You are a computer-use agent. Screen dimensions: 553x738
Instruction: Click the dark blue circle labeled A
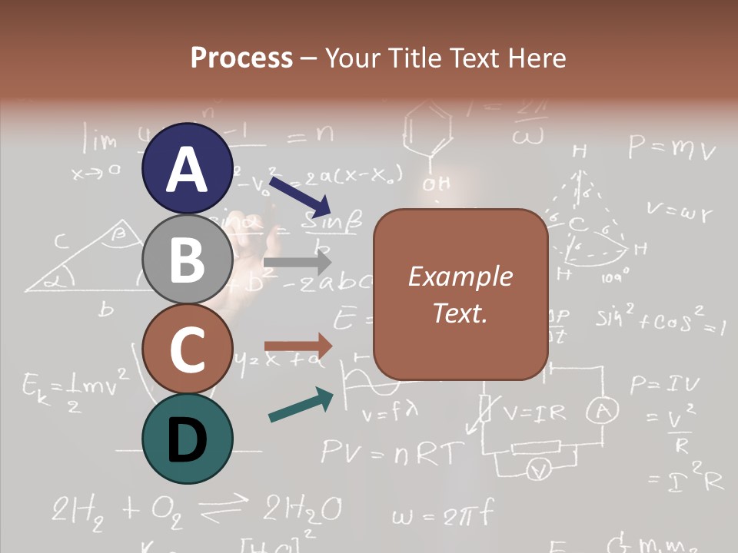pos(187,168)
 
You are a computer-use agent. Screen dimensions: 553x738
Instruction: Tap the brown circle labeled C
pos(187,349)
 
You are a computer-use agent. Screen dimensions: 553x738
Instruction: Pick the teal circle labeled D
pos(187,439)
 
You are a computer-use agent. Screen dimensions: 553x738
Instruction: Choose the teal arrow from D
pos(301,405)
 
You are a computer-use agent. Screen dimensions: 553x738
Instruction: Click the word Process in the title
pos(241,58)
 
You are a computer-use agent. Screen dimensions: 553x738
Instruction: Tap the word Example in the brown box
pos(460,276)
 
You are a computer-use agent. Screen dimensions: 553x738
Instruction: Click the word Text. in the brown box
pos(460,313)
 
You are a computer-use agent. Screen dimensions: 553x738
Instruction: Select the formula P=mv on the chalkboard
pos(671,147)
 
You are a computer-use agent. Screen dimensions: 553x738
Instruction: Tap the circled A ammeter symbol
pos(603,413)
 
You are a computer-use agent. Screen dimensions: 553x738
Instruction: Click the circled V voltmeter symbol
pos(540,470)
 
